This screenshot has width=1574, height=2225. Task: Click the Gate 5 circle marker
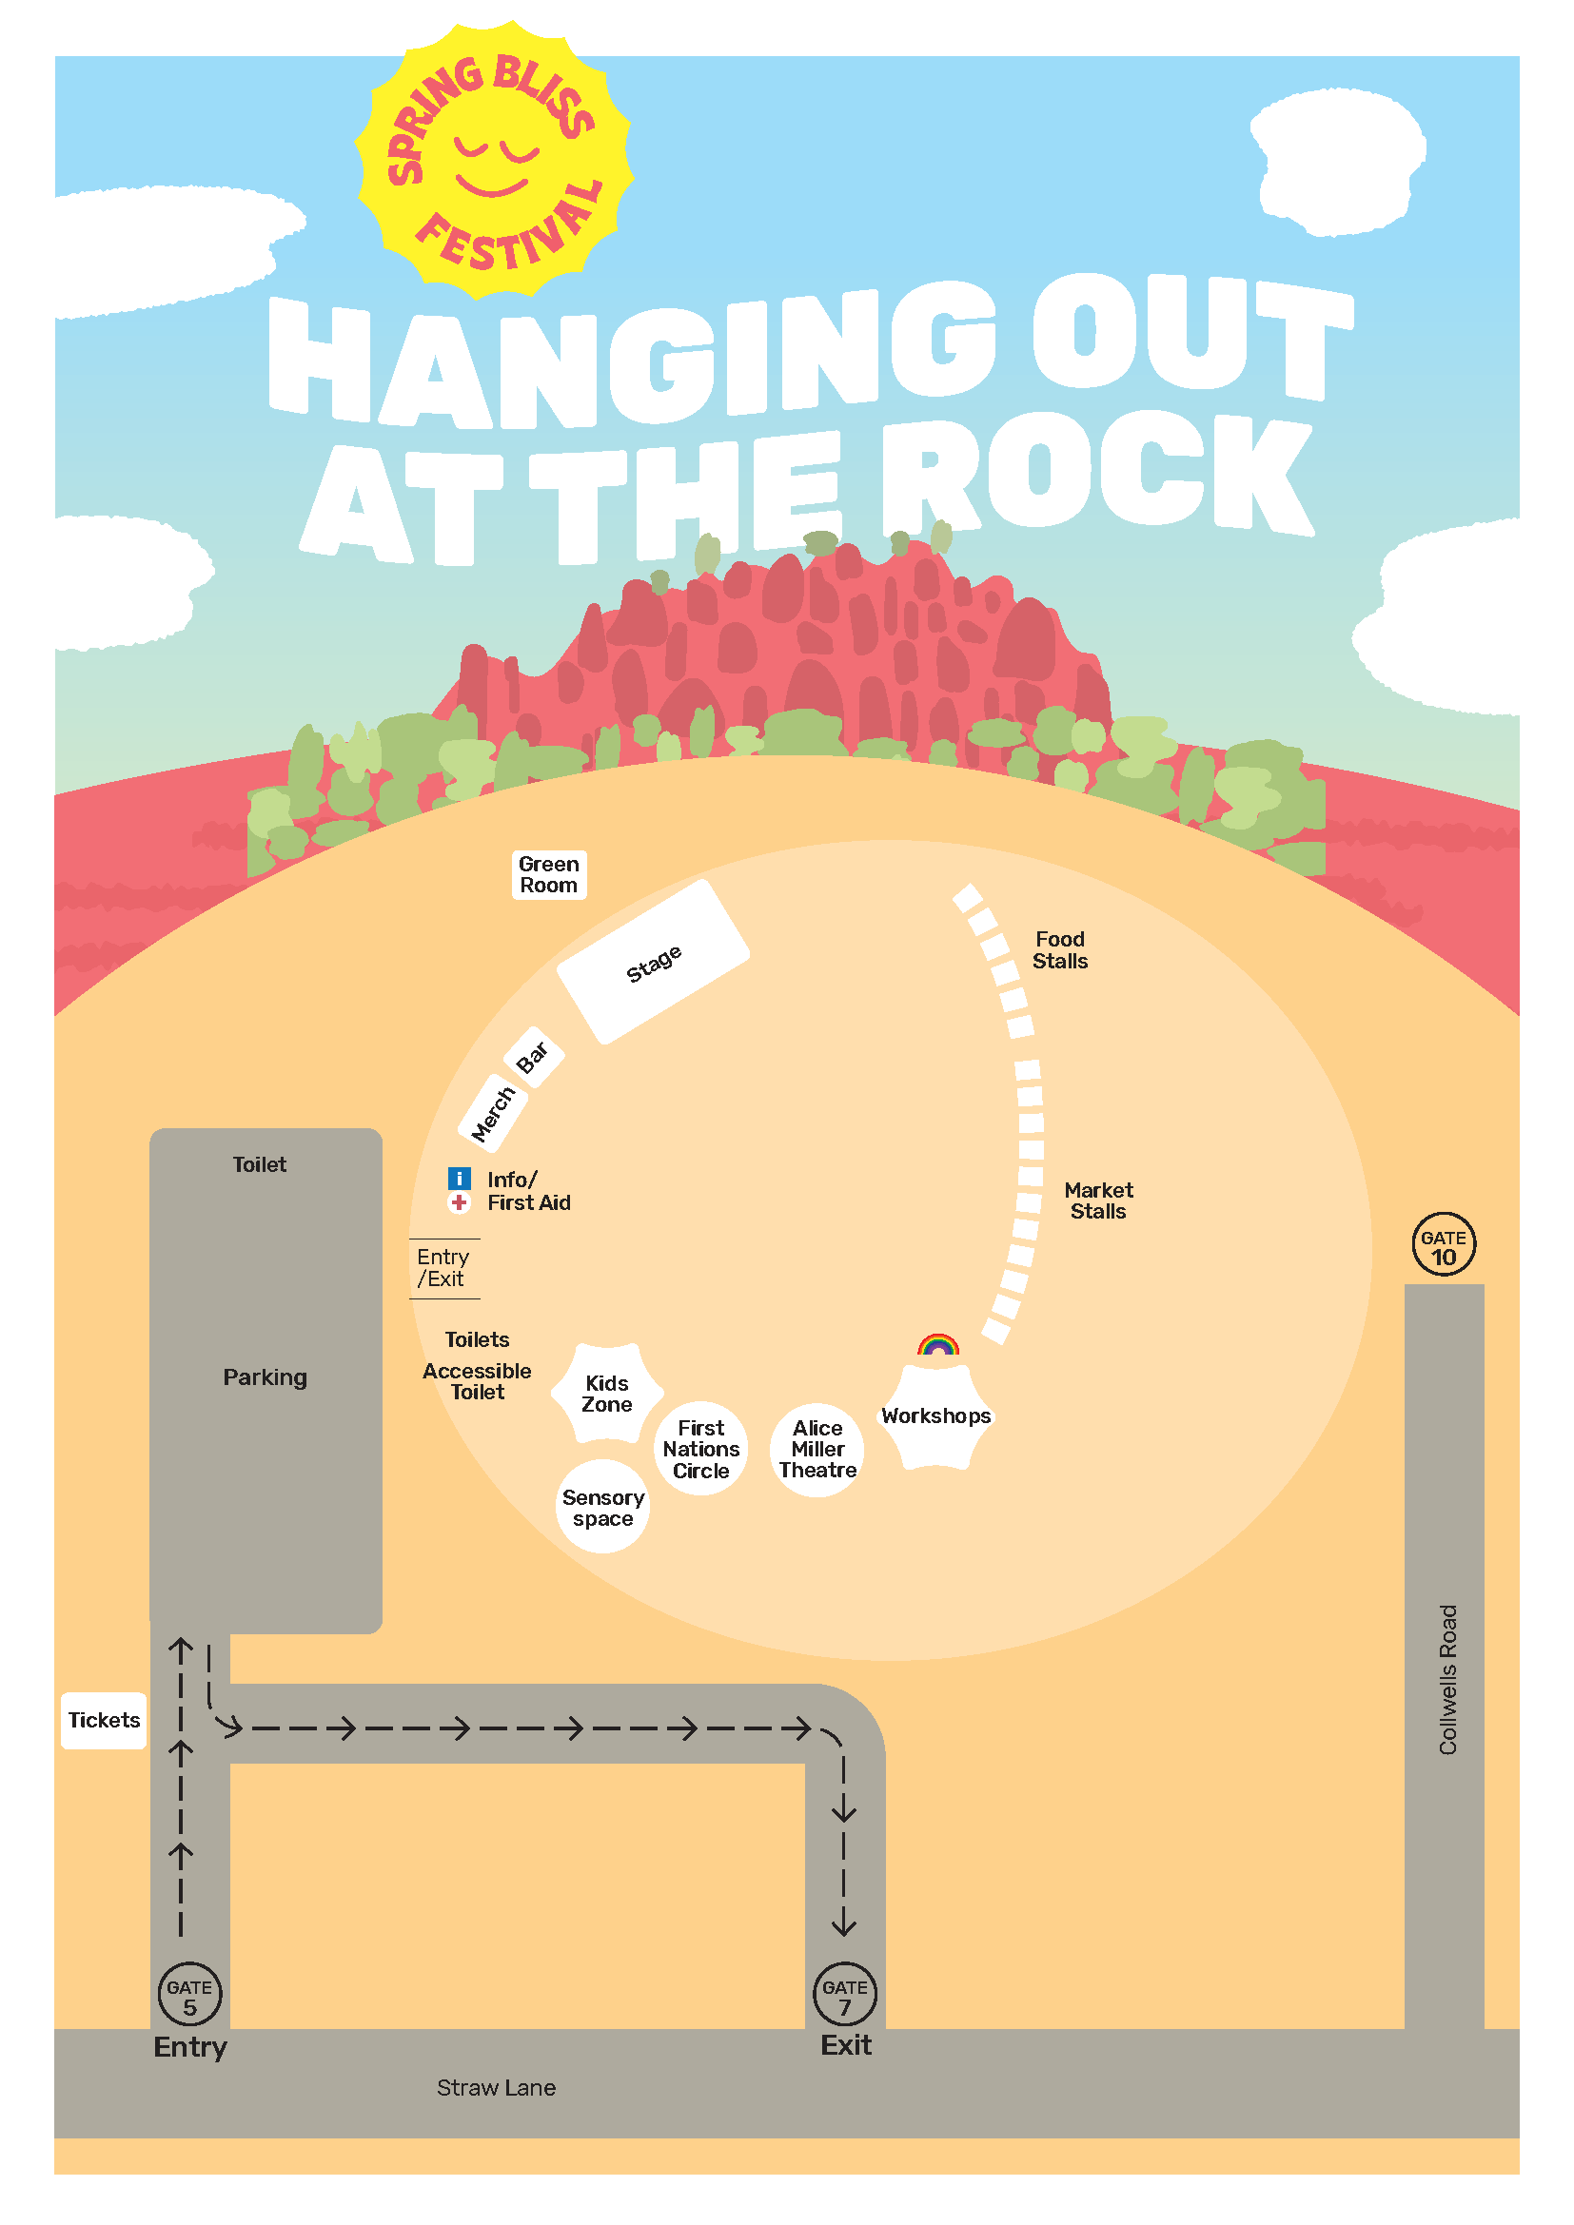click(190, 1995)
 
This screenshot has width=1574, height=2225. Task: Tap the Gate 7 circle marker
click(844, 1995)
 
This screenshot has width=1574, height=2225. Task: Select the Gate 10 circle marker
click(1444, 1245)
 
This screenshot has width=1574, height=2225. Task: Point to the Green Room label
click(548, 875)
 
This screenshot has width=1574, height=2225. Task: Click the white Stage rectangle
click(653, 963)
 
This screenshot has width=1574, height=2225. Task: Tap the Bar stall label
click(533, 1057)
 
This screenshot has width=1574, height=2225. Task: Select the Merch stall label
click(492, 1114)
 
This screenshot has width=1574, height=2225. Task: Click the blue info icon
click(460, 1179)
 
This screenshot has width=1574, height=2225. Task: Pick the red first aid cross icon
click(460, 1202)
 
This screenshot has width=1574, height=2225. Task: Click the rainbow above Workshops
click(938, 1345)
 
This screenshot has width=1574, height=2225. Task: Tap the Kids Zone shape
click(607, 1394)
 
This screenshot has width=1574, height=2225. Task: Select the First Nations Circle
click(700, 1449)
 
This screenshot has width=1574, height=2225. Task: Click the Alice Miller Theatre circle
click(817, 1450)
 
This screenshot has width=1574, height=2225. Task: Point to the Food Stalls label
click(1059, 949)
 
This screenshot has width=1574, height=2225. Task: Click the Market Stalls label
click(1098, 1200)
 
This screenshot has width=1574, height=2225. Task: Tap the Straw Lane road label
click(496, 2088)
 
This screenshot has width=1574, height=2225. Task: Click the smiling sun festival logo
click(493, 160)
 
